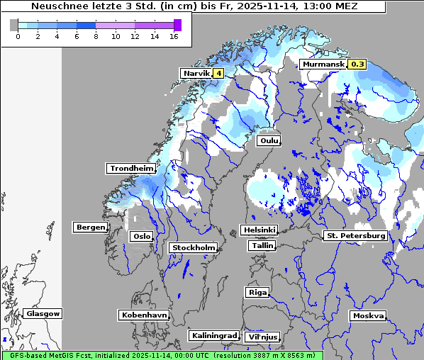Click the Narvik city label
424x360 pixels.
click(196, 73)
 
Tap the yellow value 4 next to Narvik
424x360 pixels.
click(218, 73)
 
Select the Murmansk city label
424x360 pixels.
click(323, 64)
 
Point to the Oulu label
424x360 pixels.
click(269, 140)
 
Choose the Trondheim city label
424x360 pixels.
click(131, 168)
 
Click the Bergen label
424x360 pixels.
click(89, 227)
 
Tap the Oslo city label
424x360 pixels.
click(141, 236)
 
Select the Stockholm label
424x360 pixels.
click(193, 247)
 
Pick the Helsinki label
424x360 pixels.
click(259, 230)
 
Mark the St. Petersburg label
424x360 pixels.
click(355, 235)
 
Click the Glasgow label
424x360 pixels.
click(43, 313)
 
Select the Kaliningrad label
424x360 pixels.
click(213, 335)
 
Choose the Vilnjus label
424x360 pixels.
click(262, 337)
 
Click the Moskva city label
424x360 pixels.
click(368, 315)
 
